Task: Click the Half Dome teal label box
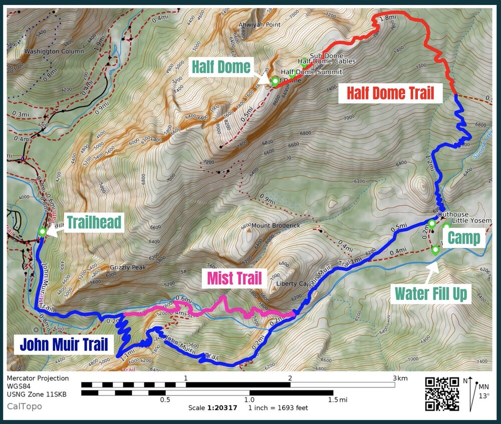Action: (220, 67)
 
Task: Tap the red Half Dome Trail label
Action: (391, 93)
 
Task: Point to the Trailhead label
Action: (94, 222)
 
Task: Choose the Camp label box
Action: (463, 238)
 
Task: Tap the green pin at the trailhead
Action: (43, 232)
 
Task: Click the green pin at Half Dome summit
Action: (275, 81)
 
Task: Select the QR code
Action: (442, 393)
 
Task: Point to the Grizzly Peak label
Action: (128, 267)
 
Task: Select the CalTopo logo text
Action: (25, 406)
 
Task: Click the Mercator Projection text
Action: (38, 378)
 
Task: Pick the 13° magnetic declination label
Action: (481, 395)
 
